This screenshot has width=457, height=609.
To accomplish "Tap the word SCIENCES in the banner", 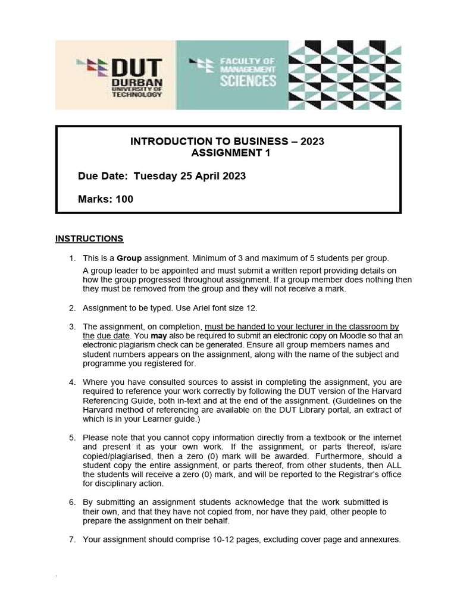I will click(x=248, y=80).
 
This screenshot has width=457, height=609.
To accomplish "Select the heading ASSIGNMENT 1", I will click(x=227, y=153).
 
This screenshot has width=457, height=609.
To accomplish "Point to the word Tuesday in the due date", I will click(x=155, y=176).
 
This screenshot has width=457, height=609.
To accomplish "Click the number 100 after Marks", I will click(x=124, y=199).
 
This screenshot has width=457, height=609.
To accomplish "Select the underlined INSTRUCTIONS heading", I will click(x=89, y=238).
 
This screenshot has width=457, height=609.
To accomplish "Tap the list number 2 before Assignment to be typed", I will click(x=72, y=307).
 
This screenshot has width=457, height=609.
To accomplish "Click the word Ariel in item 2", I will click(x=218, y=307).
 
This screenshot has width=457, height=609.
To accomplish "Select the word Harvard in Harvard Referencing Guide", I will click(x=387, y=392).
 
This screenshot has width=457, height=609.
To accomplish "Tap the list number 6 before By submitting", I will click(x=72, y=503).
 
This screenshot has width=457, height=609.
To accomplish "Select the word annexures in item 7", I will click(x=378, y=540).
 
